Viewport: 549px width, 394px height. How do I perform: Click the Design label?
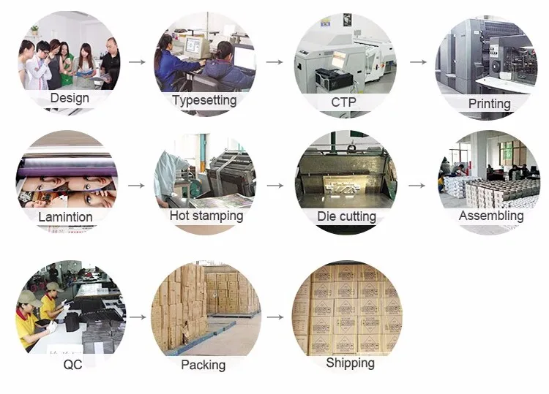[x=70, y=98]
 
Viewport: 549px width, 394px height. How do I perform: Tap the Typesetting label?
[x=204, y=100]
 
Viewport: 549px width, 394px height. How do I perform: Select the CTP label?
[x=343, y=102]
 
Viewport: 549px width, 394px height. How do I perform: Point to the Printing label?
[x=489, y=104]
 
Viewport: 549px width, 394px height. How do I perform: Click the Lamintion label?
[x=65, y=217]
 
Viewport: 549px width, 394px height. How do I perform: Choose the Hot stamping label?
[x=206, y=216]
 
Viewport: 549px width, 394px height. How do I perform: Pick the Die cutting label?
[x=346, y=216]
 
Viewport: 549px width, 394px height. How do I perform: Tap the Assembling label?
[x=491, y=216]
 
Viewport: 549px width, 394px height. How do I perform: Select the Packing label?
[x=203, y=365]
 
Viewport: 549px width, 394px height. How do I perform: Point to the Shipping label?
[x=350, y=363]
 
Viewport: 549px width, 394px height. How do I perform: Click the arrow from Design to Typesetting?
[x=136, y=62]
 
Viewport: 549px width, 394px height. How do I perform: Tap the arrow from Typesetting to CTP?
[x=274, y=62]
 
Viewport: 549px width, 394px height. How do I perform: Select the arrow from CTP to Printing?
[x=418, y=62]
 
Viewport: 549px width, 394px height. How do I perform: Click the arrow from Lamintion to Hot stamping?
[x=136, y=186]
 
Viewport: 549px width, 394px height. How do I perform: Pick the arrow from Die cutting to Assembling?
[x=417, y=186]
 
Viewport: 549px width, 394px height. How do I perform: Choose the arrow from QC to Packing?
[x=136, y=318]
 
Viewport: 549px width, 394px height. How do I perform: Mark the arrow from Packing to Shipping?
[x=274, y=318]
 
